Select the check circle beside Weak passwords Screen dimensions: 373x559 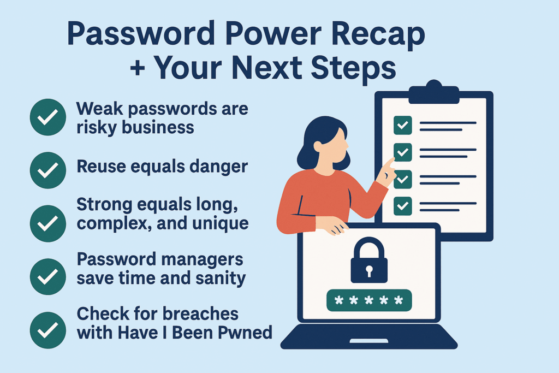48,117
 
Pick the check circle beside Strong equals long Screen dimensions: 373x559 48,223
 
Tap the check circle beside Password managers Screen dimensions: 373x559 48,277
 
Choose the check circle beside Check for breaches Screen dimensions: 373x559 48,330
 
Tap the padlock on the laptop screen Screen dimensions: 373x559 369,261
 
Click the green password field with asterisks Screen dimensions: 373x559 368,300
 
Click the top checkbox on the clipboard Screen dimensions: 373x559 403,126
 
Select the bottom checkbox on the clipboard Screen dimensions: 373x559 403,205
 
